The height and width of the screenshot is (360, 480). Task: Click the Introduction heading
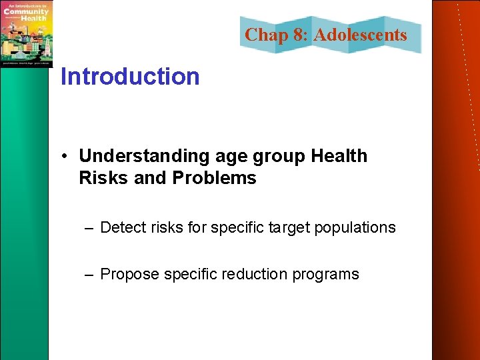(x=130, y=77)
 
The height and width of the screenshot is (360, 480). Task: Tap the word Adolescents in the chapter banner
(x=360, y=35)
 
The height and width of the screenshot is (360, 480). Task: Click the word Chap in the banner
(x=266, y=35)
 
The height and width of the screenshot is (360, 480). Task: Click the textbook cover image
(x=26, y=33)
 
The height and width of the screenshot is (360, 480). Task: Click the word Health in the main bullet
(x=339, y=156)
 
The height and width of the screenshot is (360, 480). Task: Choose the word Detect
(x=121, y=227)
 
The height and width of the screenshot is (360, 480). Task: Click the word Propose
(x=129, y=274)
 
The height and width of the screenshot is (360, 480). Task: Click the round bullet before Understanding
(x=68, y=157)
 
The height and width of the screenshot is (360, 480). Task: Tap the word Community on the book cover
(x=26, y=11)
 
